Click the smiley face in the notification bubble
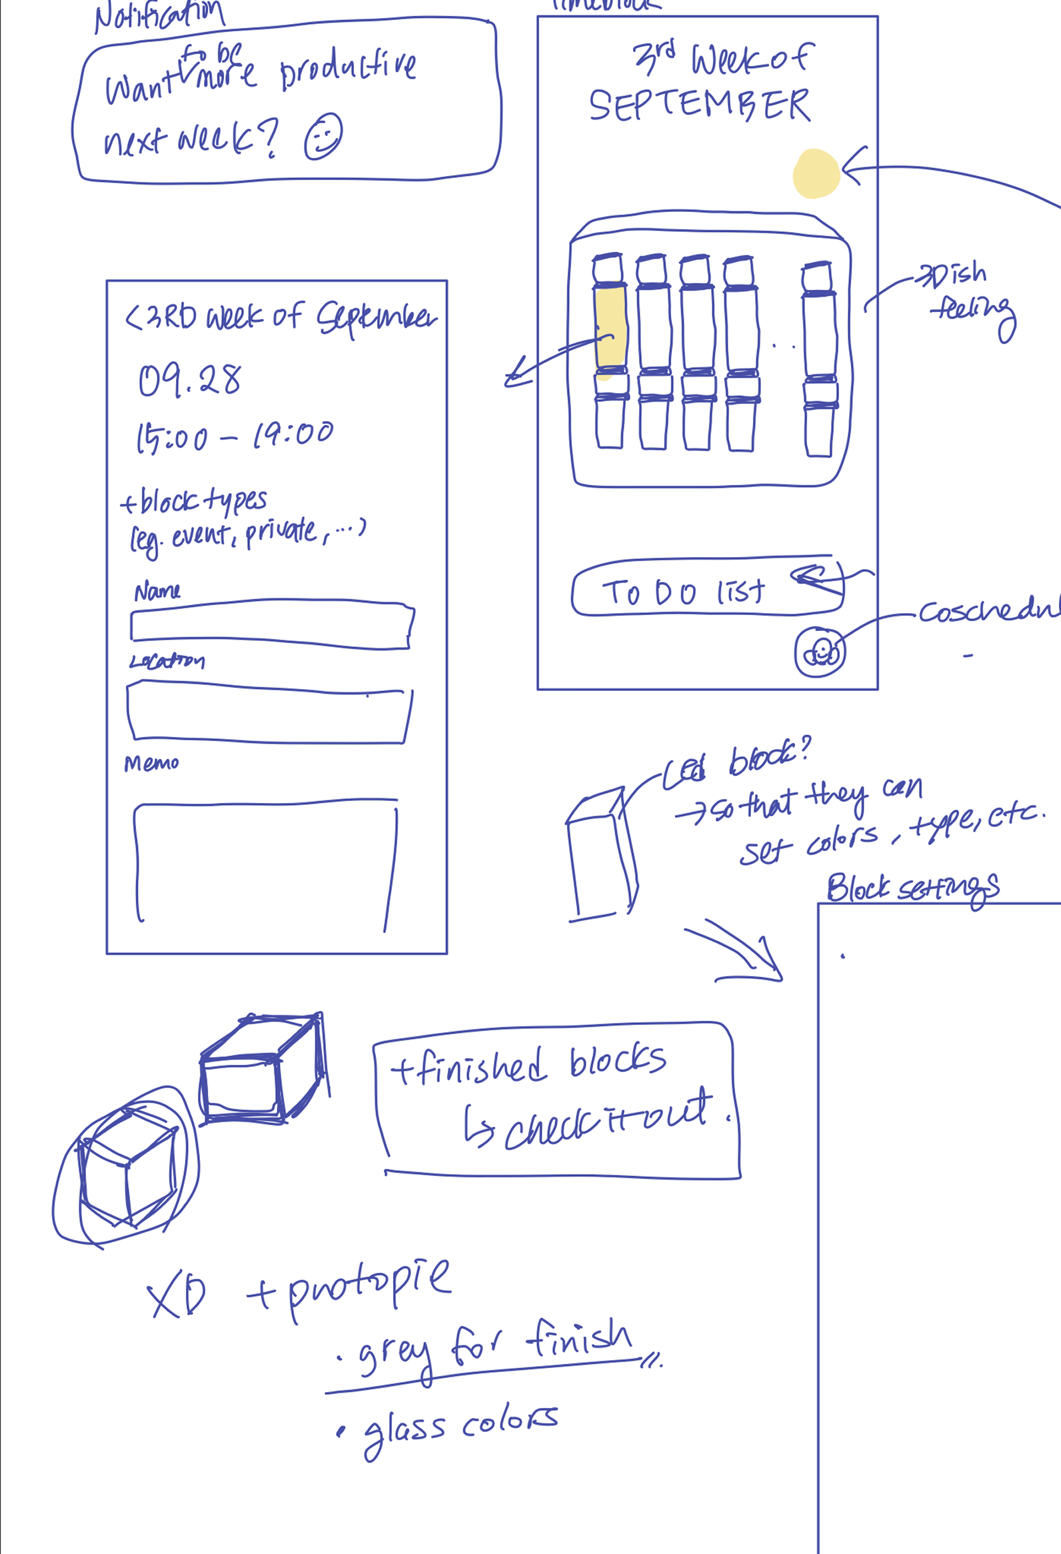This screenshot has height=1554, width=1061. tap(324, 137)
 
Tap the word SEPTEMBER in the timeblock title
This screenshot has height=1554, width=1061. tap(699, 106)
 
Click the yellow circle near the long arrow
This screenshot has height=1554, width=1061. tap(816, 173)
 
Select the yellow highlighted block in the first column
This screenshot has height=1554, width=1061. tap(610, 328)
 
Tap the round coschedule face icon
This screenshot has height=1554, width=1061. tap(820, 652)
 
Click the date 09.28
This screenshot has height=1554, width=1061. tap(189, 380)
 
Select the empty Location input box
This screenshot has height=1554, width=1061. tap(269, 712)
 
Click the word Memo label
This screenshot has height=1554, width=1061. tap(151, 764)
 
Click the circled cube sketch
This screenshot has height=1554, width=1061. tap(127, 1166)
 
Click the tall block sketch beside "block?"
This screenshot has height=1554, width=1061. tap(601, 856)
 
